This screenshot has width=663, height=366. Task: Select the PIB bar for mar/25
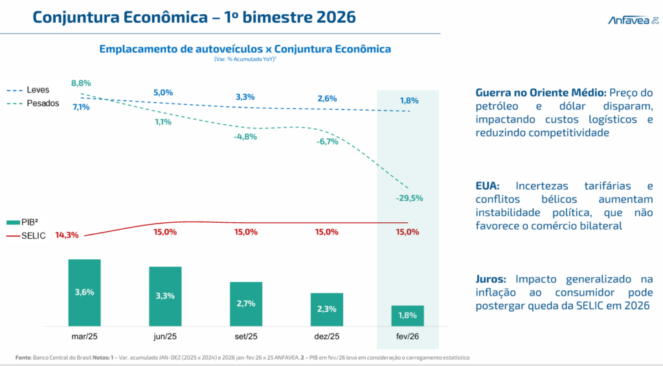click(x=84, y=292)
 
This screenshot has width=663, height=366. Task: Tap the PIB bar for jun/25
click(x=165, y=296)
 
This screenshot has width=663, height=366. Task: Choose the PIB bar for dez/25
click(x=327, y=309)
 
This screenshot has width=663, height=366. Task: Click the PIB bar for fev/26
click(x=408, y=315)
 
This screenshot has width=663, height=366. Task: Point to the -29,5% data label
click(x=409, y=198)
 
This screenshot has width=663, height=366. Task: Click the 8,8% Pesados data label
click(x=81, y=83)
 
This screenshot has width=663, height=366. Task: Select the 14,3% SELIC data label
click(x=67, y=235)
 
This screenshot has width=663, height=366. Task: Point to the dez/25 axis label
click(x=327, y=337)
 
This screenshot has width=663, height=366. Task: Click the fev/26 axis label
click(x=408, y=337)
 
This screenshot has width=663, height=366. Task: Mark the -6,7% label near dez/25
click(x=328, y=142)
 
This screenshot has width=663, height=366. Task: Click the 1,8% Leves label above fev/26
click(x=409, y=100)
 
